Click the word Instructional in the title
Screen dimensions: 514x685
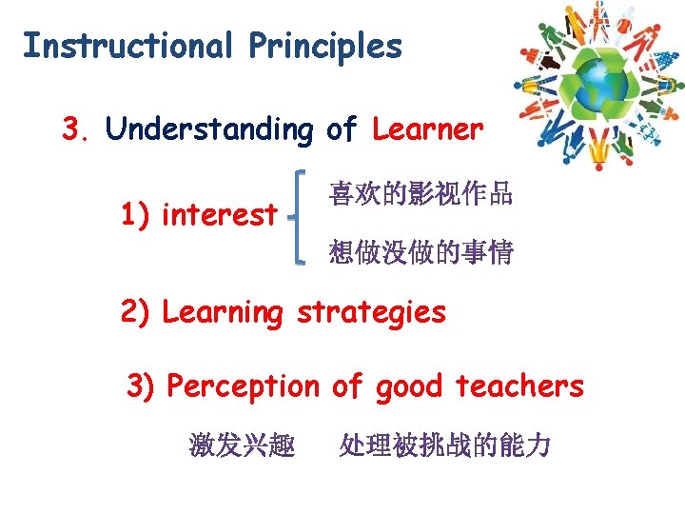point(127,46)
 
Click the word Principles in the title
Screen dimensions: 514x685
point(326,46)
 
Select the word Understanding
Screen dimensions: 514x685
point(209,128)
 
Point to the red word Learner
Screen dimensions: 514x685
point(428,128)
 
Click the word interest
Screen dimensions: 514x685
point(220,214)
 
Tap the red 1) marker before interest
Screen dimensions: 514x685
point(138,214)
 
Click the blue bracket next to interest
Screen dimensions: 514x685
point(300,215)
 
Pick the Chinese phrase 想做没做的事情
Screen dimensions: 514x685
point(421,252)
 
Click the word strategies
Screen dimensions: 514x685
point(371,312)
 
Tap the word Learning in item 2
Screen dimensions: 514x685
point(223,312)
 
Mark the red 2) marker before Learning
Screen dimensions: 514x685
point(137,312)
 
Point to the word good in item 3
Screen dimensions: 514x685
point(409,386)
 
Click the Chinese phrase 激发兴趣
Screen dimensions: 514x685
point(242,445)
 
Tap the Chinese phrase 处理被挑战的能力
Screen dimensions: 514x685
point(444,445)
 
